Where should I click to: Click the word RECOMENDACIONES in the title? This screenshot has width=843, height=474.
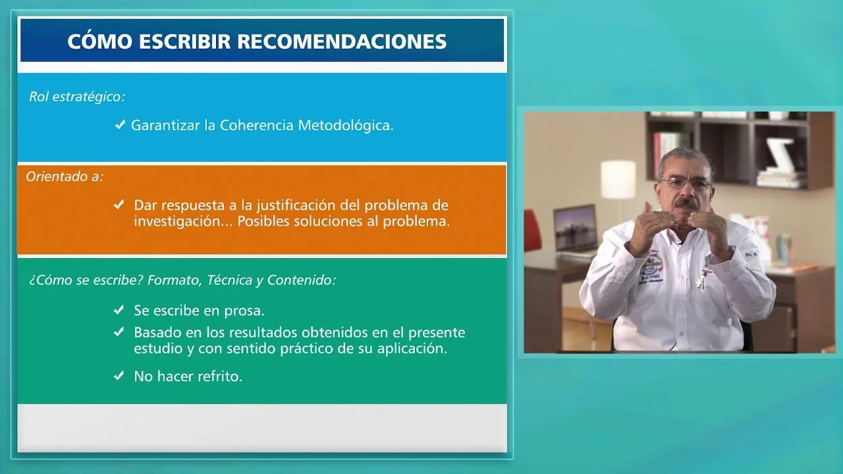(341, 41)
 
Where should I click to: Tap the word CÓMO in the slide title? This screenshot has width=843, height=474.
(95, 41)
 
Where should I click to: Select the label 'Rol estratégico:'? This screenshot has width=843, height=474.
(77, 97)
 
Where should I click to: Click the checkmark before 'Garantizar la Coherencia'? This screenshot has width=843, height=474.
(120, 124)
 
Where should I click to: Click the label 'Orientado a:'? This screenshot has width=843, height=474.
(65, 176)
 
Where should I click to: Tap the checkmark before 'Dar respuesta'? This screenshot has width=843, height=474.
(119, 205)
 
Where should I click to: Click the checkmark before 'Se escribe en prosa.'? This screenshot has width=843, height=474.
(119, 309)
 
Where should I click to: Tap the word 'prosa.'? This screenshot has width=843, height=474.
(245, 310)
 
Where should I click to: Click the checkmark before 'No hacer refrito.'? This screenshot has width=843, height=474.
(119, 376)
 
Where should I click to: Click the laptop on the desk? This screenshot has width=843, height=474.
(574, 228)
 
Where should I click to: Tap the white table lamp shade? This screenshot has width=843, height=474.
(618, 179)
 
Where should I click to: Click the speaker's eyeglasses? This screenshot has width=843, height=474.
(685, 184)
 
